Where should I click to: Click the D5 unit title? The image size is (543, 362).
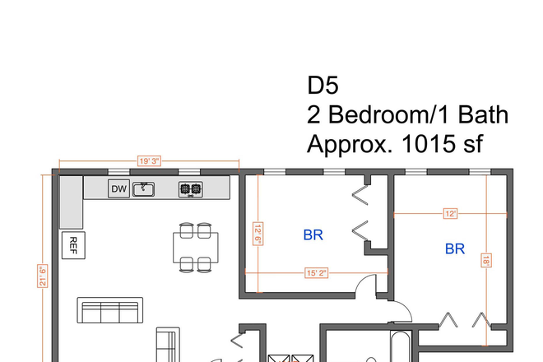click(323, 86)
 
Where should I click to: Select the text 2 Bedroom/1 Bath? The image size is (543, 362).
click(407, 114)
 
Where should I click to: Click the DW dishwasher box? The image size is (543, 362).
click(119, 189)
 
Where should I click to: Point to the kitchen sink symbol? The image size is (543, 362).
click(144, 189)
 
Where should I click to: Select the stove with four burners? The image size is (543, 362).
click(191, 189)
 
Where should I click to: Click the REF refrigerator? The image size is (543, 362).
click(72, 244)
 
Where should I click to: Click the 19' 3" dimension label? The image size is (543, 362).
click(149, 162)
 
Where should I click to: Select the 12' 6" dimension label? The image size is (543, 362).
click(258, 234)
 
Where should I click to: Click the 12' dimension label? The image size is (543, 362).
click(450, 213)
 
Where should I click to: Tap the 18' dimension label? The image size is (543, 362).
click(486, 260)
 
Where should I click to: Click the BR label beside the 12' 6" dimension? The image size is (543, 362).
click(313, 234)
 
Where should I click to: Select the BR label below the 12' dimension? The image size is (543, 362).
click(455, 248)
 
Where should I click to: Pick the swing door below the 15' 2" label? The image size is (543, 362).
click(366, 290)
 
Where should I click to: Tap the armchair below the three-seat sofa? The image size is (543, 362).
click(168, 344)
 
